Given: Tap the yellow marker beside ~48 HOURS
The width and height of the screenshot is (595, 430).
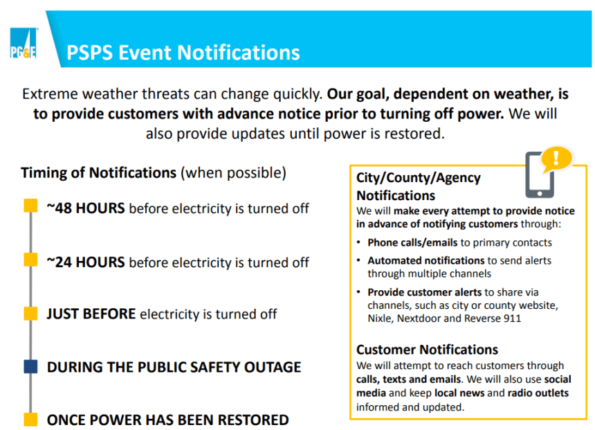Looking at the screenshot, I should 30,206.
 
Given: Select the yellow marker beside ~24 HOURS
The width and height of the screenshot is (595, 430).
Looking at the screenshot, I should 30,260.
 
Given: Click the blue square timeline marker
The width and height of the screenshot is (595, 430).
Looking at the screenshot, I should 30,366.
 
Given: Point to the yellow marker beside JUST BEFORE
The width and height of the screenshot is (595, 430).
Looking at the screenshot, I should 30,313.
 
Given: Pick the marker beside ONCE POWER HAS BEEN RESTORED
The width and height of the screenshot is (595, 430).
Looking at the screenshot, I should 30,419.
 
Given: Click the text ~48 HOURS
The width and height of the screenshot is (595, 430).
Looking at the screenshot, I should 86,208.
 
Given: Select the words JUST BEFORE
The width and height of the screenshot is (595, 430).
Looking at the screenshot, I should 91,314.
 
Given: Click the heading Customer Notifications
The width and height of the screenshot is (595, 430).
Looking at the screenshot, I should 427,350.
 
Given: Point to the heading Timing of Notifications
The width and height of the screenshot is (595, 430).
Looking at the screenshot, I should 99,172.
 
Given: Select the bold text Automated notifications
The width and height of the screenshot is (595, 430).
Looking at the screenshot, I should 425,261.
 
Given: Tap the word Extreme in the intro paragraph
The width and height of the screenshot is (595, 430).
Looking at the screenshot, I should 48,93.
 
